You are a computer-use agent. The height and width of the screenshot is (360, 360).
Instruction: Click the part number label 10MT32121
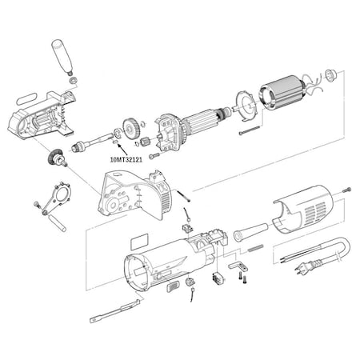[126, 160]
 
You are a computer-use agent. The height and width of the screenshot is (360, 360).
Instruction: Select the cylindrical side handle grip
[62, 57]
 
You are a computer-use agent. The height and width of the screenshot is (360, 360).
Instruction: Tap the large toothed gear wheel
[130, 129]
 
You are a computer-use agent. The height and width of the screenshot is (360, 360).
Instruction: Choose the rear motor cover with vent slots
[302, 210]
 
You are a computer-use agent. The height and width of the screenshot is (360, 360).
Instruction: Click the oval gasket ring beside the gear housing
[26, 98]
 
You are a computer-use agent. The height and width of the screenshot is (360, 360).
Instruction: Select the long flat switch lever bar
[115, 311]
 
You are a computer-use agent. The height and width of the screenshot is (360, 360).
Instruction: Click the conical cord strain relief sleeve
[250, 231]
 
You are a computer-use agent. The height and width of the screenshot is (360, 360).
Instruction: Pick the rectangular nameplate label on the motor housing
[139, 242]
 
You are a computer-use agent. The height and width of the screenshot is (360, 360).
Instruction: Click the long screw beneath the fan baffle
[249, 130]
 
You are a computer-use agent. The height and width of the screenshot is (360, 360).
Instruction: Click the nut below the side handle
[74, 80]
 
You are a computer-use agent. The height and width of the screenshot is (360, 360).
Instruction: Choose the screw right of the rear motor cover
[346, 190]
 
